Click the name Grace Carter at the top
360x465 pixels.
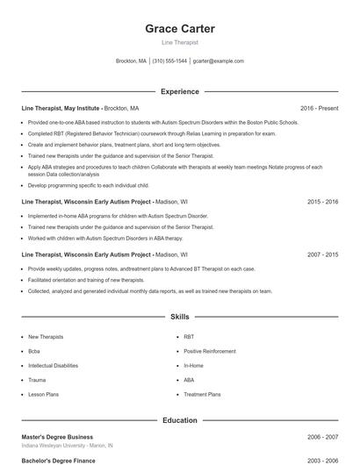pyautogui.click(x=180, y=29)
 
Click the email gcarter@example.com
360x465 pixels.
pyautogui.click(x=219, y=61)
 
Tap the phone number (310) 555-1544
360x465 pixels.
pyautogui.click(x=170, y=61)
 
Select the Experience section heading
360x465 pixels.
pyautogui.click(x=180, y=91)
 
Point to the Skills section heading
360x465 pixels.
pyautogui.click(x=180, y=316)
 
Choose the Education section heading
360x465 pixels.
pyautogui.click(x=180, y=420)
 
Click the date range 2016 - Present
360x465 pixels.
pyautogui.click(x=319, y=108)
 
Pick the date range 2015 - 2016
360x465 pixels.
pyautogui.click(x=322, y=201)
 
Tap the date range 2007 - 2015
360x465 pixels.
pyautogui.click(x=322, y=254)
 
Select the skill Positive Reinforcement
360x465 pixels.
pyautogui.click(x=210, y=351)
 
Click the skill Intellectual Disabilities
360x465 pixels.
pyautogui.click(x=53, y=365)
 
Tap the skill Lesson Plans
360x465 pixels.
pyautogui.click(x=44, y=395)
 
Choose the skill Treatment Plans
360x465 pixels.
pyautogui.click(x=202, y=395)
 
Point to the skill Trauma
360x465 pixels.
pyautogui.click(x=37, y=380)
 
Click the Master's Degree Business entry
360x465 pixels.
pyautogui.click(x=57, y=436)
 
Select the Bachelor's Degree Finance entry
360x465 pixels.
pyautogui.click(x=58, y=460)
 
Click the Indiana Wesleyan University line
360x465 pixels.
pyautogui.click(x=67, y=445)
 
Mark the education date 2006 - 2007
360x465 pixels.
pyautogui.click(x=322, y=436)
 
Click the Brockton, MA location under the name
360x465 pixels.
pyautogui.click(x=132, y=61)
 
